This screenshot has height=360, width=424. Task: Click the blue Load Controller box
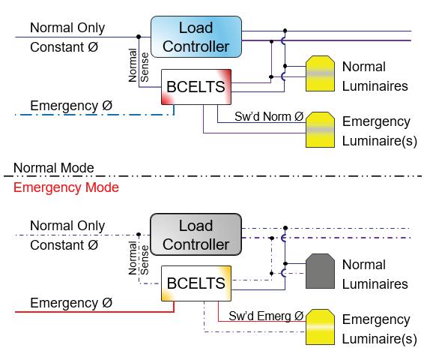coord(196,37)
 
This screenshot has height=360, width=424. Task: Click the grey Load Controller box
coord(196,235)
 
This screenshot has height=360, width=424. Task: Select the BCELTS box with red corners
coord(196,87)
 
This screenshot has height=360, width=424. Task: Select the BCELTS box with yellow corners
coord(196,283)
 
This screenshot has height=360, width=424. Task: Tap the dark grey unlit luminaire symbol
coord(320,271)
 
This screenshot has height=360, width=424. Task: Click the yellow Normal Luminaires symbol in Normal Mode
coord(320,73)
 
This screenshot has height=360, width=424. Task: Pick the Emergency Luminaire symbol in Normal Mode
coord(320,130)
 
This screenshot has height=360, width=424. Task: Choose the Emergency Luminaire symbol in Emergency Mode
coord(320,327)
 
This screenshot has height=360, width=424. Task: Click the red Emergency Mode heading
coord(66,187)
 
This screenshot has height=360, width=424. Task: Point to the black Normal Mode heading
coord(54,168)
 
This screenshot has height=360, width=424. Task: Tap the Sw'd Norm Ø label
coord(269,117)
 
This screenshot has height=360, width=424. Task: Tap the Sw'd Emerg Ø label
coord(266,316)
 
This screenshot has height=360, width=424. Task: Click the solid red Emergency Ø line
coord(94,311)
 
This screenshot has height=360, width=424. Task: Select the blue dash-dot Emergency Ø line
coord(94,115)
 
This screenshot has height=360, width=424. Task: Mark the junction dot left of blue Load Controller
coord(139,37)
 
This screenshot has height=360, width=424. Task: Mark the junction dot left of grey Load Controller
coord(139,235)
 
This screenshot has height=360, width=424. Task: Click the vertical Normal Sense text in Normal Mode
coord(139,65)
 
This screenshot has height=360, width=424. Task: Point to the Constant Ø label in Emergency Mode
coord(64,245)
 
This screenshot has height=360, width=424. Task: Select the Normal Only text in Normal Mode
coord(67,28)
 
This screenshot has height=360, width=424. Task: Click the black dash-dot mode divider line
coord(213,176)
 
